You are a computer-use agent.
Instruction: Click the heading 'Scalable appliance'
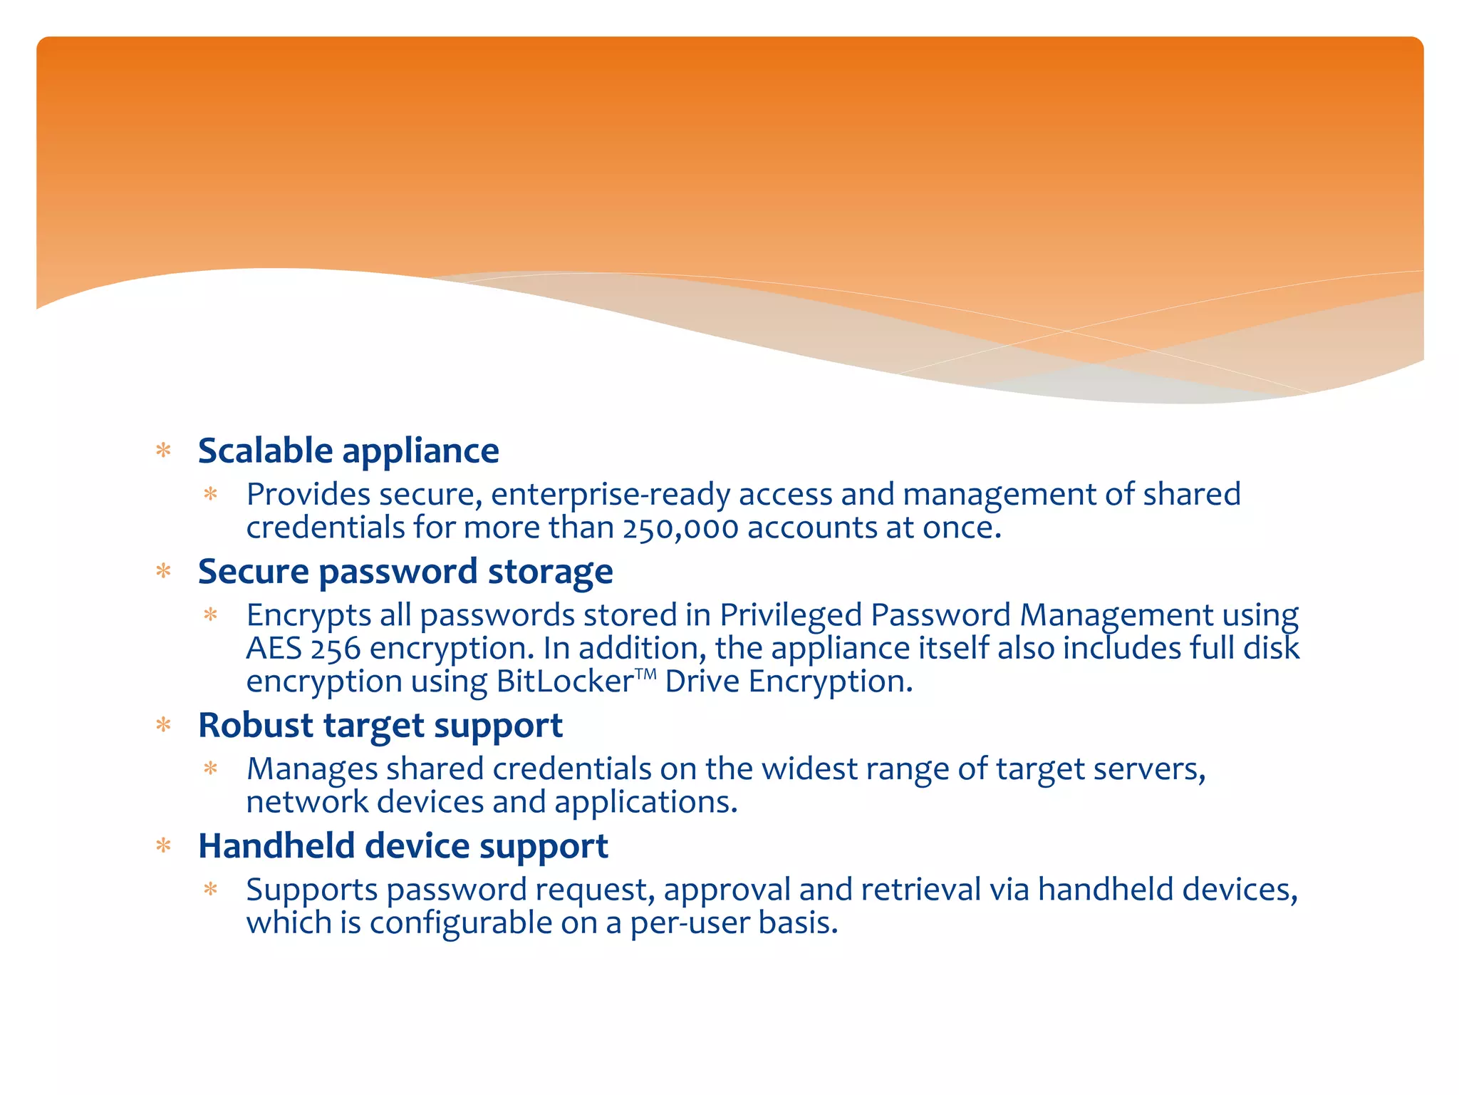tap(348, 451)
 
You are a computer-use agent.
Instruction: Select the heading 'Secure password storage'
tap(405, 571)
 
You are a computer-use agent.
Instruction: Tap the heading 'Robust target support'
tap(380, 725)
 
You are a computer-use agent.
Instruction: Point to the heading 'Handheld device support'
tap(403, 846)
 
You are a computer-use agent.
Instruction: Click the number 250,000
tap(680, 528)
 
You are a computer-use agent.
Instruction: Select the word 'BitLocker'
tap(565, 682)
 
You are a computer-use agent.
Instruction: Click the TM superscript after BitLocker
tap(645, 672)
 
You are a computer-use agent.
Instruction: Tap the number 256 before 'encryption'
tap(336, 649)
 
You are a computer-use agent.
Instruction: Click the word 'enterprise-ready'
tap(611, 494)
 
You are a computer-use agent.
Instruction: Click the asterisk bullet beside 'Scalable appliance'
tap(164, 451)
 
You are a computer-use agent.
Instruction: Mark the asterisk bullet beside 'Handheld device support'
tap(164, 846)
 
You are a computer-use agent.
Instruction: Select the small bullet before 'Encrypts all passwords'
tap(210, 615)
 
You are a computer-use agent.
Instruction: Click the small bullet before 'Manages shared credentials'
tap(210, 768)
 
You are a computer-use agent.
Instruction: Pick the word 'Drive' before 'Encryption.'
tap(702, 682)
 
